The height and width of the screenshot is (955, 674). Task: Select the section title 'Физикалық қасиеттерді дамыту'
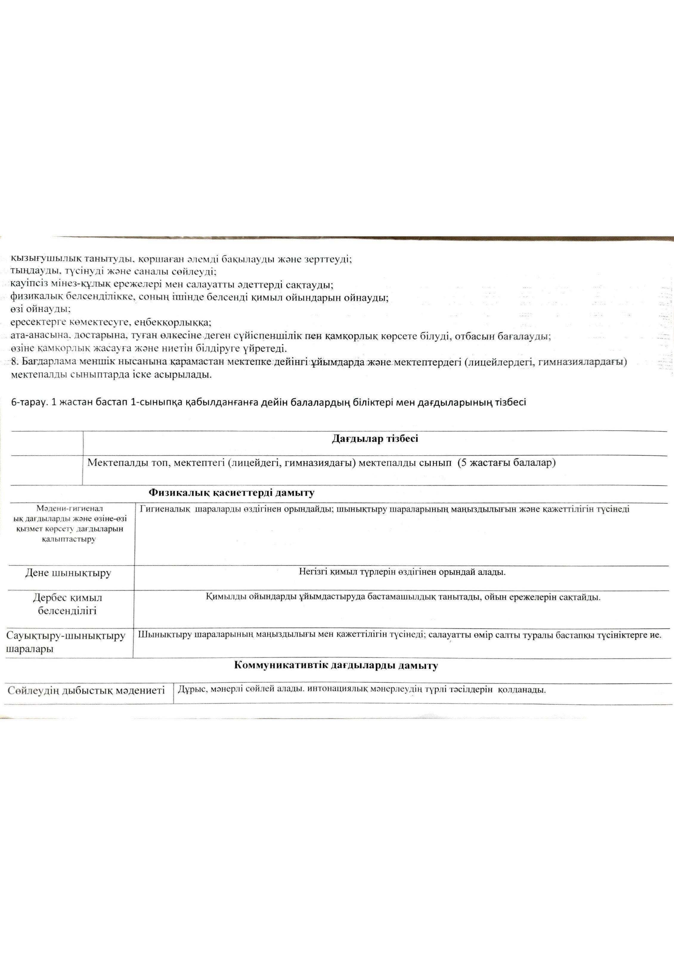pos(231,493)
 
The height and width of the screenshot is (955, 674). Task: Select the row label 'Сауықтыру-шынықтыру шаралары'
pos(66,643)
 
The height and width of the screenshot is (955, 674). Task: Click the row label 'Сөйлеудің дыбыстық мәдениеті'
pos(86,691)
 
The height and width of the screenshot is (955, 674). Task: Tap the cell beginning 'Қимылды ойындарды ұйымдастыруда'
pos(403,597)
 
